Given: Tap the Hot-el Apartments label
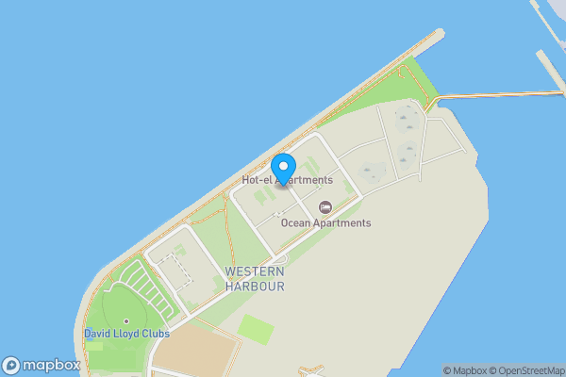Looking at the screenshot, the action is pyautogui.click(x=287, y=180).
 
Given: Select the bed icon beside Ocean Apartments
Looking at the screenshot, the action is pyautogui.click(x=325, y=207).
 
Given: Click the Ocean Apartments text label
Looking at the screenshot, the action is pyautogui.click(x=325, y=223).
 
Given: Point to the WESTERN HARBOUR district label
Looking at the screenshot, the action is pyautogui.click(x=255, y=278).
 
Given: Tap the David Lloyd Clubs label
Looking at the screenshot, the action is pyautogui.click(x=126, y=334).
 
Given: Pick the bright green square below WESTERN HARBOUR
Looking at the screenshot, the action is pyautogui.click(x=256, y=329).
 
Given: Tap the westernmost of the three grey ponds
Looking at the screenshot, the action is pyautogui.click(x=371, y=172).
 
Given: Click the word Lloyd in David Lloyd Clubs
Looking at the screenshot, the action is pyautogui.click(x=127, y=334).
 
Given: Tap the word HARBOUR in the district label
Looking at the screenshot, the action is pyautogui.click(x=255, y=286).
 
